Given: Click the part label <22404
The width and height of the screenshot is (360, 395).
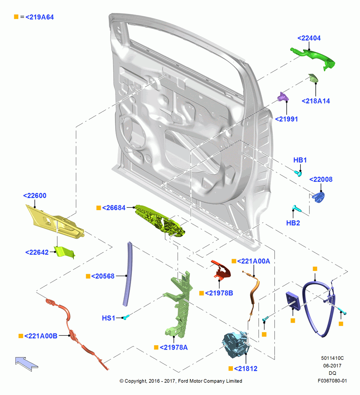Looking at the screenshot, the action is click(x=309, y=38).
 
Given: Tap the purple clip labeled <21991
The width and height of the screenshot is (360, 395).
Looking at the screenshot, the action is click(x=283, y=97).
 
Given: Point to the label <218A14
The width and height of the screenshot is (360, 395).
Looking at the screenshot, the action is click(x=316, y=101).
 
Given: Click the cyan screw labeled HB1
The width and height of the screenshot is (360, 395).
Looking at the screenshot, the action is click(x=298, y=173).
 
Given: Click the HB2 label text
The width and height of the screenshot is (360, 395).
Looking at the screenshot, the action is click(x=293, y=223).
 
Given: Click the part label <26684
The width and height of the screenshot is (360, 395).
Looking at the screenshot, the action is click(x=114, y=208).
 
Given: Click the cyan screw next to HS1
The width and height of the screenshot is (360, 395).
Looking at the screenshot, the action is click(x=126, y=317).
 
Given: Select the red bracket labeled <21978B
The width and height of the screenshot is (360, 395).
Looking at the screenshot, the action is click(x=221, y=270).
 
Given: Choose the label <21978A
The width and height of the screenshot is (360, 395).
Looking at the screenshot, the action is click(x=173, y=347).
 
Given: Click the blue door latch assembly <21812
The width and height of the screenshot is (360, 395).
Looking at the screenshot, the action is click(x=236, y=344).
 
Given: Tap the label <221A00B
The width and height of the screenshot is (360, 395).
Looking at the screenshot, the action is click(x=41, y=336).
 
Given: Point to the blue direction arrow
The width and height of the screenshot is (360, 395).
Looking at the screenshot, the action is click(x=26, y=364).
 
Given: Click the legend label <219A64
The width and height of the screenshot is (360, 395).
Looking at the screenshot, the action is click(x=39, y=17).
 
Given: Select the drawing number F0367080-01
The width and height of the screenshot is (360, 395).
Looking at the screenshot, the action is click(x=332, y=381).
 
